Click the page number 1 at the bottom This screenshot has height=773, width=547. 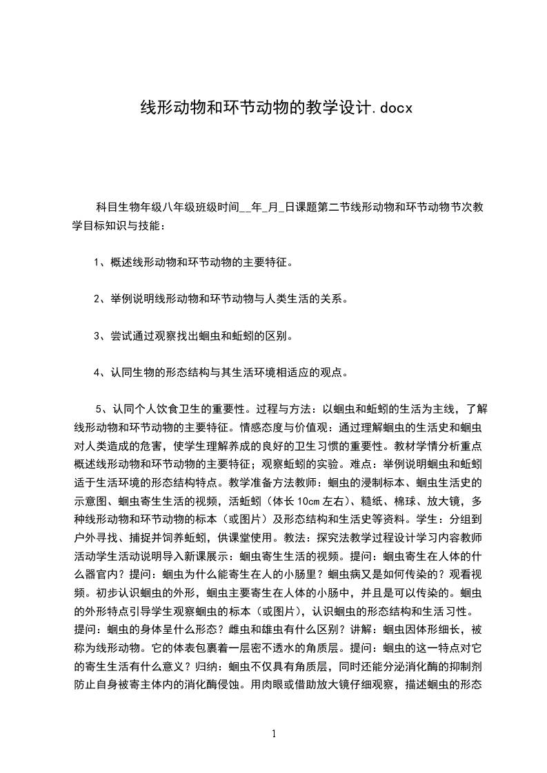point(274,734)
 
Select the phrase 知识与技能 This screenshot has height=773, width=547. point(132,225)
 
